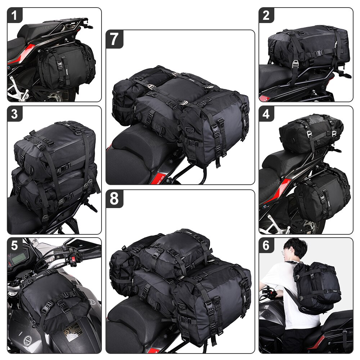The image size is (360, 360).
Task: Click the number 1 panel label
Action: (x=15, y=15)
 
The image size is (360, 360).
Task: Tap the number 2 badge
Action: (x=266, y=15)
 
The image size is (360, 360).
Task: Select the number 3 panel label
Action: (x=15, y=114)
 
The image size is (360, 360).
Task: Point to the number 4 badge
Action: (x=266, y=114)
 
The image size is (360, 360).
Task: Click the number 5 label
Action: (x=15, y=246)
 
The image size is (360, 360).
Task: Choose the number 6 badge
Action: (x=266, y=246)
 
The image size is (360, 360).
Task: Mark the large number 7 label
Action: (x=114, y=39)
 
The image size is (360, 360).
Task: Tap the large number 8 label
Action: (x=114, y=199)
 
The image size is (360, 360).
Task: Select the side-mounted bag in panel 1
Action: (x=65, y=67)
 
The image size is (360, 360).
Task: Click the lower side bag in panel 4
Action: (x=322, y=194)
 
